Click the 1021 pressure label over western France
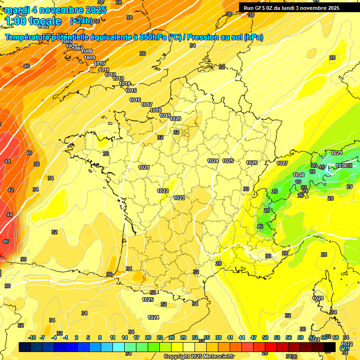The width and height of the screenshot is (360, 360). pos(144,167)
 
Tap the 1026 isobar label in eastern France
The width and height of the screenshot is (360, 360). pos(252,163)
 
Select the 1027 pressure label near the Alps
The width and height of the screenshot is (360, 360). pos(282,163)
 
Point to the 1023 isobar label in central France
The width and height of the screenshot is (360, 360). pos(179,198)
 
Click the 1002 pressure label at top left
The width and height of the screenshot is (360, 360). pos(43,27)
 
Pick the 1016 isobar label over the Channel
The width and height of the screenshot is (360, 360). pos(135,100)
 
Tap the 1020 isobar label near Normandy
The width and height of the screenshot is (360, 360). pos(175,119)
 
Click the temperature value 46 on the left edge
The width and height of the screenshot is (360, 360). pos(6,241)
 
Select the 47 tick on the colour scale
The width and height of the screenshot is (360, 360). pos(254,337)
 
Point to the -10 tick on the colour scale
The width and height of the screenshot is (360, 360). pos(32,337)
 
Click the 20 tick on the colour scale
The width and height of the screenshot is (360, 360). pos(148,337)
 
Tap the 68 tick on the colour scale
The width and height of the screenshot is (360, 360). pos(336,337)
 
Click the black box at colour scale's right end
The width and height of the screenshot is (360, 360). pos(330,347)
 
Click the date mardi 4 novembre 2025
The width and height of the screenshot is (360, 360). pos(55,9)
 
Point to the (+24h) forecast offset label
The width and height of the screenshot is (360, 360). pos(81,21)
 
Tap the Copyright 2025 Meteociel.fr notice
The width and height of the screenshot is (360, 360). pos(199,356)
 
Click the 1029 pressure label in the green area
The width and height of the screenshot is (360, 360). pos(337,153)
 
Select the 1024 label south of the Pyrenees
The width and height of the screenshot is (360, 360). pos(153,317)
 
